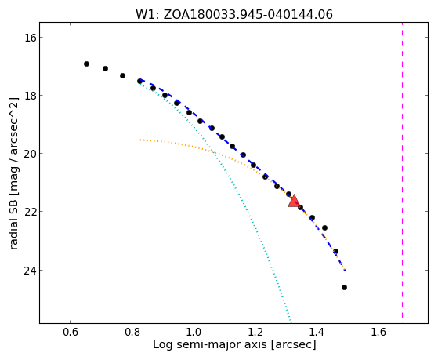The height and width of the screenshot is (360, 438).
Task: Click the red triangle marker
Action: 294,201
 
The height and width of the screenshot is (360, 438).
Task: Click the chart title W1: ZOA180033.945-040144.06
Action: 234,15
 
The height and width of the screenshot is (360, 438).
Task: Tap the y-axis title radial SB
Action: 13,173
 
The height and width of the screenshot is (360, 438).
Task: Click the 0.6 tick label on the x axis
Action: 71,332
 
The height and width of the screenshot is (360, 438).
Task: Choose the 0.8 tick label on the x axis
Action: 132,332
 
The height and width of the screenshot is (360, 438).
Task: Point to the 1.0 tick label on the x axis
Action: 194,332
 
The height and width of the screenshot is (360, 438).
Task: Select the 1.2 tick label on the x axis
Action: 255,332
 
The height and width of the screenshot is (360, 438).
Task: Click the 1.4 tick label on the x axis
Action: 317,332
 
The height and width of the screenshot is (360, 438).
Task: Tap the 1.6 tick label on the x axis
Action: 378,332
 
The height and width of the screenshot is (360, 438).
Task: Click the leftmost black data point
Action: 87,64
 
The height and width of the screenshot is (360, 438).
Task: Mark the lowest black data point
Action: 345,288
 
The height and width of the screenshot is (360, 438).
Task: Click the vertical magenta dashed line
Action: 403,170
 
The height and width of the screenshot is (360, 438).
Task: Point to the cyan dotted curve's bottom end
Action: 291,321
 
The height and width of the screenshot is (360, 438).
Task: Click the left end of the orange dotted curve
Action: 140,140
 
